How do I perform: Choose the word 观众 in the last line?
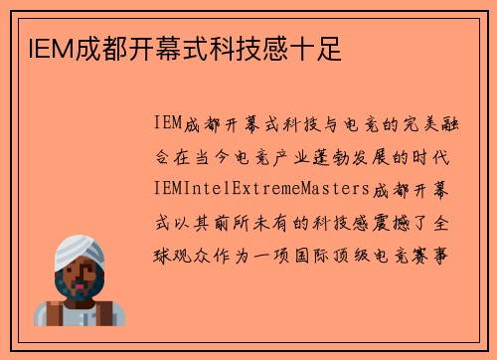(199, 253)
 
